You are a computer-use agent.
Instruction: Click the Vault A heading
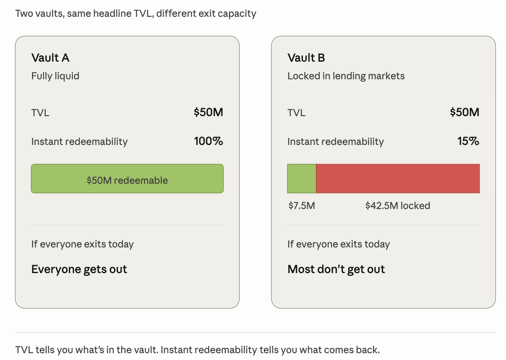click(50, 58)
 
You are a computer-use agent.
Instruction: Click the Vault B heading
click(306, 58)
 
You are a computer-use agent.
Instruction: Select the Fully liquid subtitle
click(55, 76)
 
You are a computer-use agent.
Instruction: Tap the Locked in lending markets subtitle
click(346, 76)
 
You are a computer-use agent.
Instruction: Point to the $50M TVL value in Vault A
click(208, 112)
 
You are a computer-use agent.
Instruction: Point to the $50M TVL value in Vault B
click(464, 112)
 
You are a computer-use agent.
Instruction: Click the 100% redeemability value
click(209, 141)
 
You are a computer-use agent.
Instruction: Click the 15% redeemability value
click(468, 141)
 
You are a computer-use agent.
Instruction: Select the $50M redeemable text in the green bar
click(127, 180)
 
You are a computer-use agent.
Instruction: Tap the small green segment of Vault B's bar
click(301, 179)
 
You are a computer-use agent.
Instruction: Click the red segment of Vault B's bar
click(398, 179)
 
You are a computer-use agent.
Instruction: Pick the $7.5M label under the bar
click(301, 206)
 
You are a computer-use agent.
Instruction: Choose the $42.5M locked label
click(398, 206)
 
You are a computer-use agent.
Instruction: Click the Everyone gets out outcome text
click(79, 269)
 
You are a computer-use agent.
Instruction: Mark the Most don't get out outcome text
click(336, 269)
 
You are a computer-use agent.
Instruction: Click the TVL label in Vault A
click(40, 113)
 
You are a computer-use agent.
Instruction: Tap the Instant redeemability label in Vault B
click(336, 142)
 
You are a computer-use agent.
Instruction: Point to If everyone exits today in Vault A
click(82, 244)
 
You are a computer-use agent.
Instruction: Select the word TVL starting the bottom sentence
click(24, 350)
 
